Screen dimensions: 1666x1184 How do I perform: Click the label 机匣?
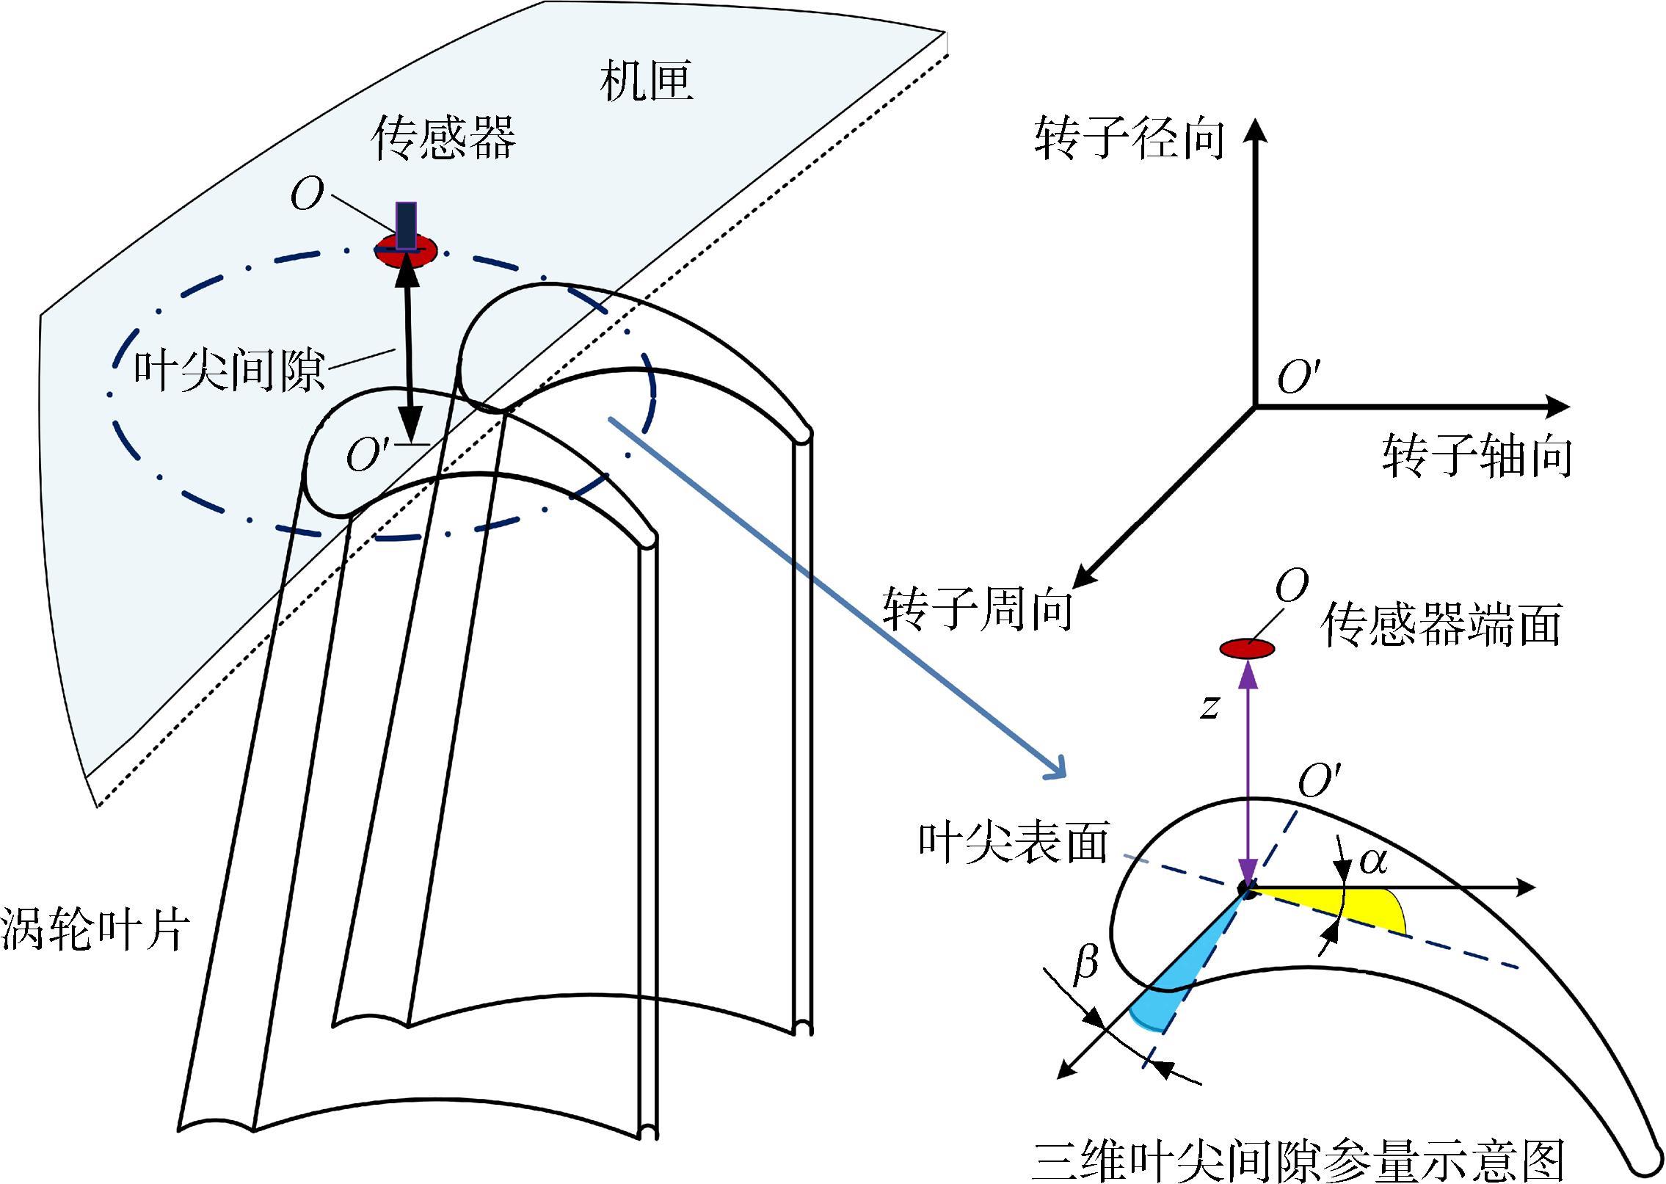(646, 81)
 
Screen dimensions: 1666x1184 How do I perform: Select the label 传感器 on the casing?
(443, 138)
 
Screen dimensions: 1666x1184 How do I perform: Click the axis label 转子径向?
(1130, 138)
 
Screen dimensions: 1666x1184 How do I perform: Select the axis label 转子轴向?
(1477, 456)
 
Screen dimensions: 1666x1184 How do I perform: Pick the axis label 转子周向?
(978, 609)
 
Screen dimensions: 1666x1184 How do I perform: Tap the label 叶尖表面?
(1014, 841)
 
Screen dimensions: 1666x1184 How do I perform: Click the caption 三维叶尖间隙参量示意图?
(1298, 1161)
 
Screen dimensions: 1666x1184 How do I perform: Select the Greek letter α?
(1373, 860)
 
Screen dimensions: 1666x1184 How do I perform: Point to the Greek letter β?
(1085, 963)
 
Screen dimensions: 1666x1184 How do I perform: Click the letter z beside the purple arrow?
(1210, 707)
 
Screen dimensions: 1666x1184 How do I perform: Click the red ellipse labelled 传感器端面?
(1247, 649)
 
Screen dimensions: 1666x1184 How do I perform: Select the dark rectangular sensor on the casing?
(406, 226)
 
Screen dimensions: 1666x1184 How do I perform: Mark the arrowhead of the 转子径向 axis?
(1256, 131)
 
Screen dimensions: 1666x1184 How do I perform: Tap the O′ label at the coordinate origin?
(1298, 377)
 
